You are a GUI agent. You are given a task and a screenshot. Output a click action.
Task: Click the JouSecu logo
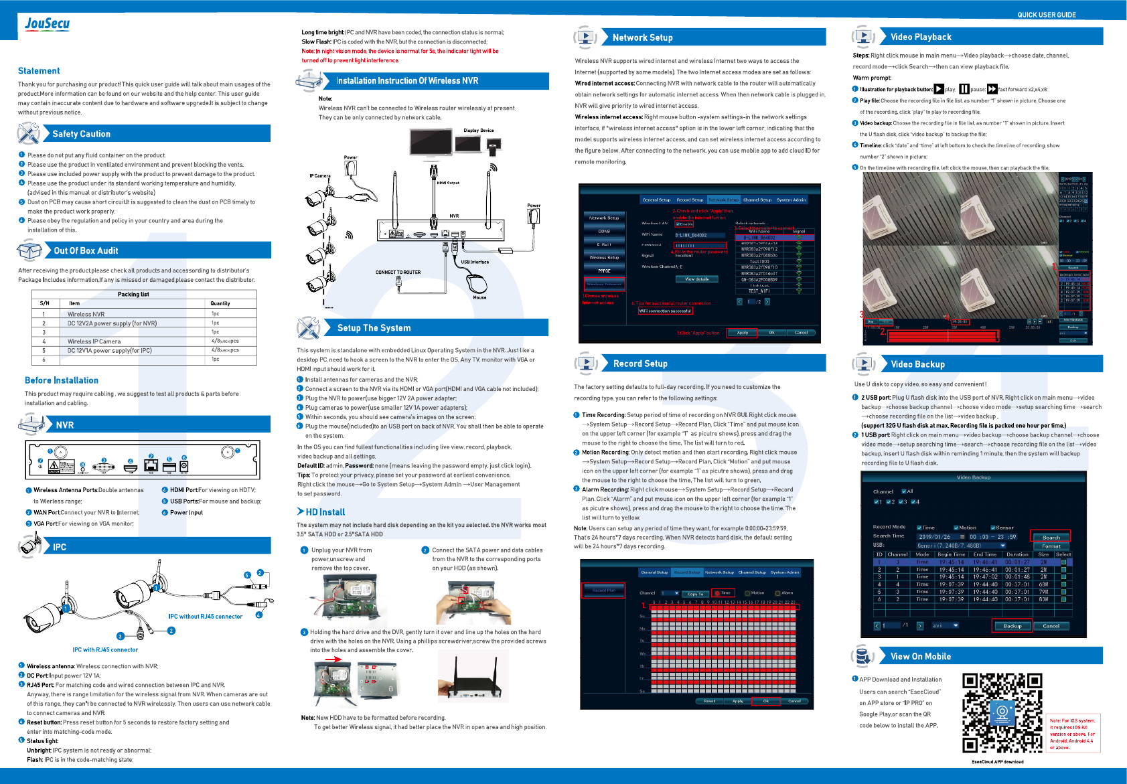pyautogui.click(x=47, y=24)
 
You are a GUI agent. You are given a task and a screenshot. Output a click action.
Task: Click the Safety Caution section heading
pyautogui.click(x=81, y=134)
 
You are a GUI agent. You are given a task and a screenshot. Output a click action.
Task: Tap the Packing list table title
pyautogui.click(x=133, y=294)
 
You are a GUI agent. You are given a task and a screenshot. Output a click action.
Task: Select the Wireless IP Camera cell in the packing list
pyautogui.click(x=94, y=341)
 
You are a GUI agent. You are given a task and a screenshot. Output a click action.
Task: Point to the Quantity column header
pyautogui.click(x=220, y=303)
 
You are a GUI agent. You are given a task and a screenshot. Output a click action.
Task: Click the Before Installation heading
pyautogui.click(x=62, y=380)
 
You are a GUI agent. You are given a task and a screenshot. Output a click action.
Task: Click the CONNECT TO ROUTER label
pyautogui.click(x=398, y=272)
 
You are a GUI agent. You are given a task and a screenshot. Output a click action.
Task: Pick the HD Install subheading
pyautogui.click(x=325, y=512)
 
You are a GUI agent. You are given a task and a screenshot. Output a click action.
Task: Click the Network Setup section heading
pyautogui.click(x=642, y=37)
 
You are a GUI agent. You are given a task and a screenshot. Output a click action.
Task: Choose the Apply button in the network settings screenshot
pyautogui.click(x=742, y=333)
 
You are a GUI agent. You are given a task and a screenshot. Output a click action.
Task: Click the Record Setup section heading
pyautogui.click(x=640, y=364)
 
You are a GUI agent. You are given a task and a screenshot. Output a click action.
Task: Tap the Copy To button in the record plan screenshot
pyautogui.click(x=696, y=594)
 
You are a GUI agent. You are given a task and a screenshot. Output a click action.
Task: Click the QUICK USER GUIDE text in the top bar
pyautogui.click(x=1047, y=15)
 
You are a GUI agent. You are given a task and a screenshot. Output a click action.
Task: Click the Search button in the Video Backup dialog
pyautogui.click(x=1051, y=537)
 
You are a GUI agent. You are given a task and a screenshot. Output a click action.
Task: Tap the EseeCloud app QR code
pyautogui.click(x=1002, y=714)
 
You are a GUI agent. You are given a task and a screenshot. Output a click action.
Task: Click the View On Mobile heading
pyautogui.click(x=920, y=657)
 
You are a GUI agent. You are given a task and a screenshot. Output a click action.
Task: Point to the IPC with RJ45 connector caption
pyautogui.click(x=105, y=649)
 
